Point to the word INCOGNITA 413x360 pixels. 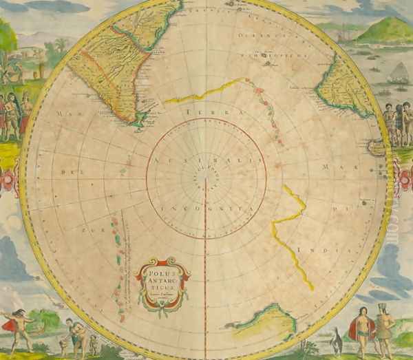(206, 206)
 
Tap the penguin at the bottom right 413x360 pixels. (336, 340)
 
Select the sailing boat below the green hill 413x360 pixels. (398, 73)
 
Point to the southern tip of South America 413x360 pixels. (140, 123)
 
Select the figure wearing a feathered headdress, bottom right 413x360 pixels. (383, 324)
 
